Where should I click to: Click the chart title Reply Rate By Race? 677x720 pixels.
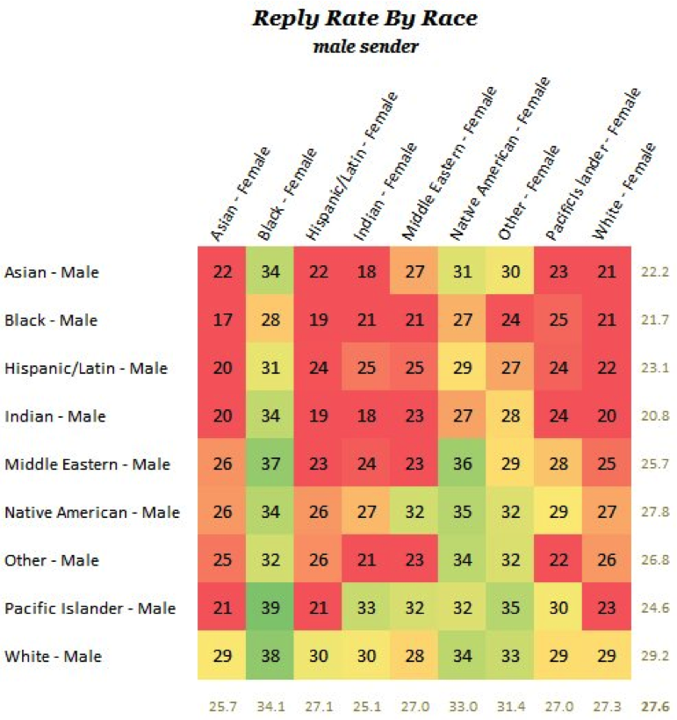[x=364, y=18]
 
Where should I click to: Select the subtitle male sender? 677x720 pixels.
[x=365, y=46]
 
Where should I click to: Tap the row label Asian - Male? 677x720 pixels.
[x=52, y=272]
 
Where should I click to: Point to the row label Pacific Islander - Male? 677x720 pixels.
[x=90, y=608]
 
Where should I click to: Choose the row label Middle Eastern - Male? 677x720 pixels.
[x=87, y=464]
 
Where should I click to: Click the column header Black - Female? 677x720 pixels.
[x=287, y=193]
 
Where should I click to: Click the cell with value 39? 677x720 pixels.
[x=270, y=608]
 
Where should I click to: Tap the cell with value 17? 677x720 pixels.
[x=222, y=320]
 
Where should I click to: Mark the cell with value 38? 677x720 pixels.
[x=270, y=657]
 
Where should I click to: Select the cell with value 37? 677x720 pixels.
[x=270, y=464]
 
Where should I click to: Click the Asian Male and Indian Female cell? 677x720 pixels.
[x=366, y=272]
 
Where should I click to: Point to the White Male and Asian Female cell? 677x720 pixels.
[x=222, y=657]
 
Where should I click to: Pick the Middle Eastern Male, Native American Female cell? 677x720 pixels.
[x=462, y=464]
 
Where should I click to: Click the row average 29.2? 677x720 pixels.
[x=656, y=657]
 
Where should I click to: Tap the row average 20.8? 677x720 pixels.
[x=656, y=416]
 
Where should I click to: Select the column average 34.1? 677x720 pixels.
[x=270, y=705]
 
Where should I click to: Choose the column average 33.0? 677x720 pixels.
[x=462, y=705]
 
